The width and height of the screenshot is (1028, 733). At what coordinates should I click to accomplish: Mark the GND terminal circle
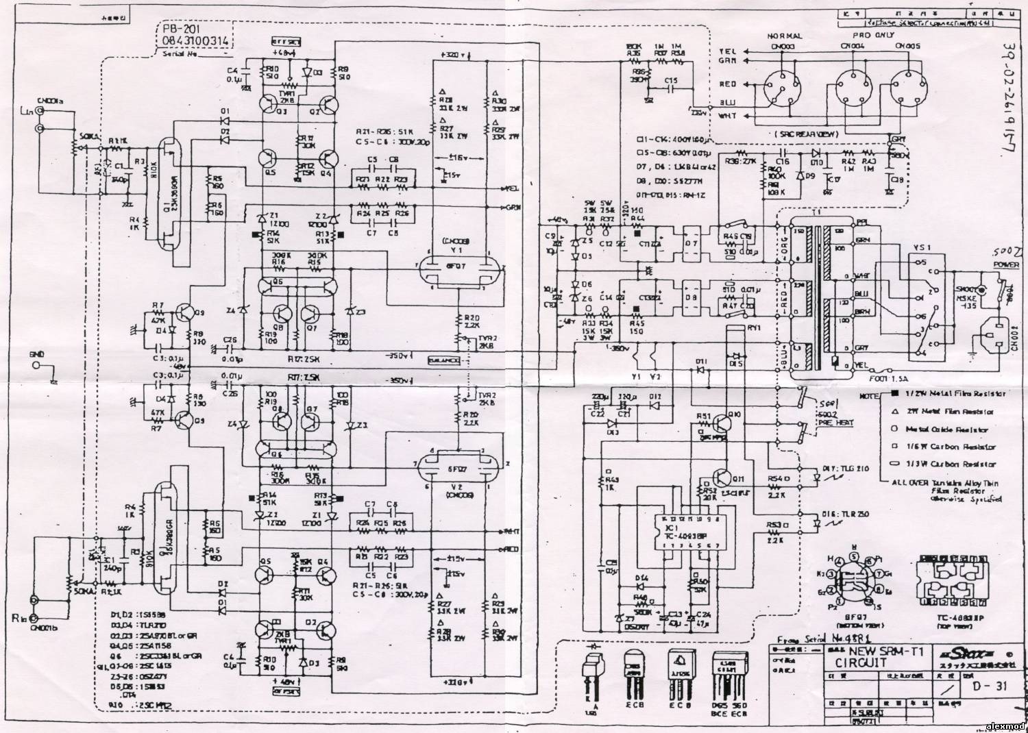pos(37,365)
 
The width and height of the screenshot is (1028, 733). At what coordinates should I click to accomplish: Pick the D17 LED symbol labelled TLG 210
pos(816,473)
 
